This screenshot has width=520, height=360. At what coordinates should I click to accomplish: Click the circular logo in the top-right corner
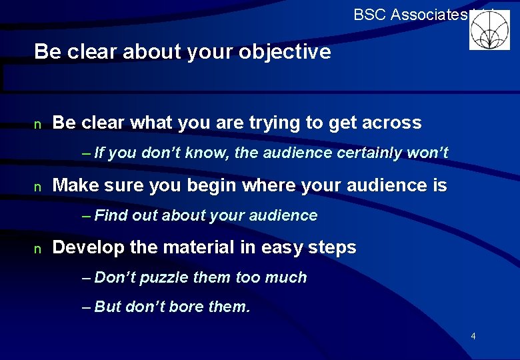coord(489,30)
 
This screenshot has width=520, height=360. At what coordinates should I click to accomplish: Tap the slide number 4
coord(473,336)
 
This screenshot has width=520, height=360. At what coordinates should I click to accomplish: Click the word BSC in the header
coord(368,14)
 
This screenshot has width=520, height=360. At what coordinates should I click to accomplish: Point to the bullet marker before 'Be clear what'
coord(38,124)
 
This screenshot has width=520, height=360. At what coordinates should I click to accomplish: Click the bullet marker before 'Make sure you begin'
coord(38,187)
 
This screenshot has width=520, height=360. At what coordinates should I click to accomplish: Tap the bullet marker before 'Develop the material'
coord(38,249)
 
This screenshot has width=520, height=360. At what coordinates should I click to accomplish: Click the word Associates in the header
coord(429,14)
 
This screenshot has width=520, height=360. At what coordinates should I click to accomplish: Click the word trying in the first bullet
coord(276,123)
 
